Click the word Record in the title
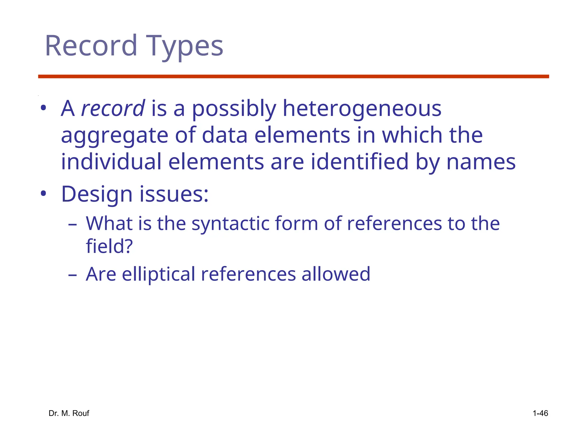[x=91, y=46]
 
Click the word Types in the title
[x=184, y=46]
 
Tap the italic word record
[x=113, y=108]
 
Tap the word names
[x=481, y=162]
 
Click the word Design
[x=97, y=195]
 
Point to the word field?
[x=109, y=246]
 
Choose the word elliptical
[x=158, y=274]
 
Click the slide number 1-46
[x=540, y=413]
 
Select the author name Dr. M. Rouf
[x=69, y=413]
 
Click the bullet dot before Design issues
[x=43, y=193]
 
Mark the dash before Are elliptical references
[x=72, y=275]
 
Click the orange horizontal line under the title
[x=293, y=76]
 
